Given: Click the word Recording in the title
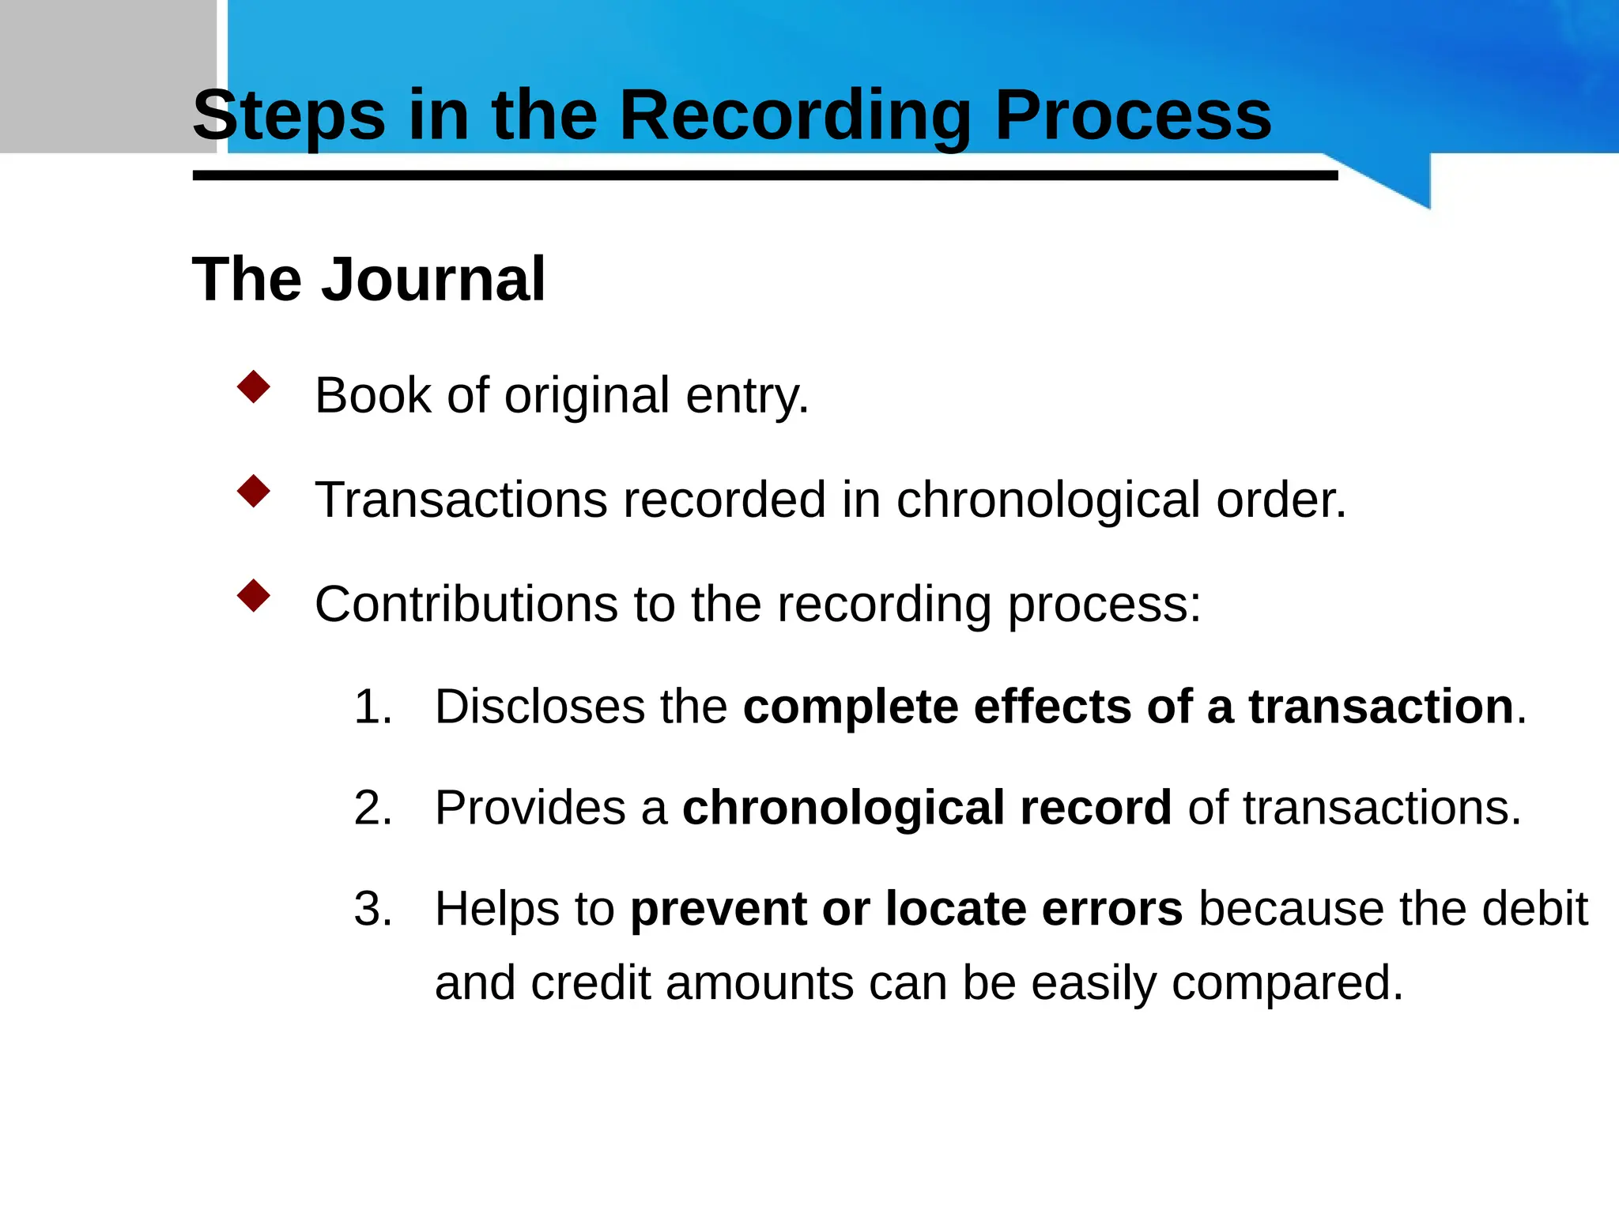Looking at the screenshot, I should point(794,117).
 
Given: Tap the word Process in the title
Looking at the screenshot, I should point(1132,117).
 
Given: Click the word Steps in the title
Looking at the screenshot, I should point(289,117).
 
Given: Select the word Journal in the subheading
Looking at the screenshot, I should point(433,280).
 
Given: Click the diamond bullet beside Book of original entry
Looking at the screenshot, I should point(254,387).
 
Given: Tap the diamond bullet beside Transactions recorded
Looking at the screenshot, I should point(254,492).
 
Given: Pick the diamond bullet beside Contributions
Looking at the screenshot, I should point(254,596).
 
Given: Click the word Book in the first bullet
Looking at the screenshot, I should point(372,395).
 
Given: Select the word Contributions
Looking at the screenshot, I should point(466,605).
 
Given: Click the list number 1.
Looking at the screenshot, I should point(372,707).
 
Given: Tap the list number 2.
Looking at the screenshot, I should point(372,808).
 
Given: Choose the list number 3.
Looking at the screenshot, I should point(372,909).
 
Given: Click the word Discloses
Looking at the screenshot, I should point(539,707).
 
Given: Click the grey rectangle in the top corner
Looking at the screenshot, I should point(108,76).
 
